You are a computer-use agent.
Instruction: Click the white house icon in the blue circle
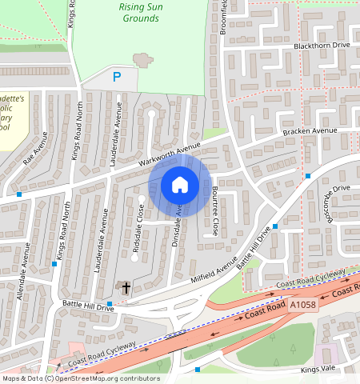(180, 186)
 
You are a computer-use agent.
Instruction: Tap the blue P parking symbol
(117, 78)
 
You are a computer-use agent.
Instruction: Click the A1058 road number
(303, 306)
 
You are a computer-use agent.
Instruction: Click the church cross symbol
(124, 286)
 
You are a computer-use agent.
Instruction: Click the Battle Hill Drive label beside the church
(88, 306)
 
